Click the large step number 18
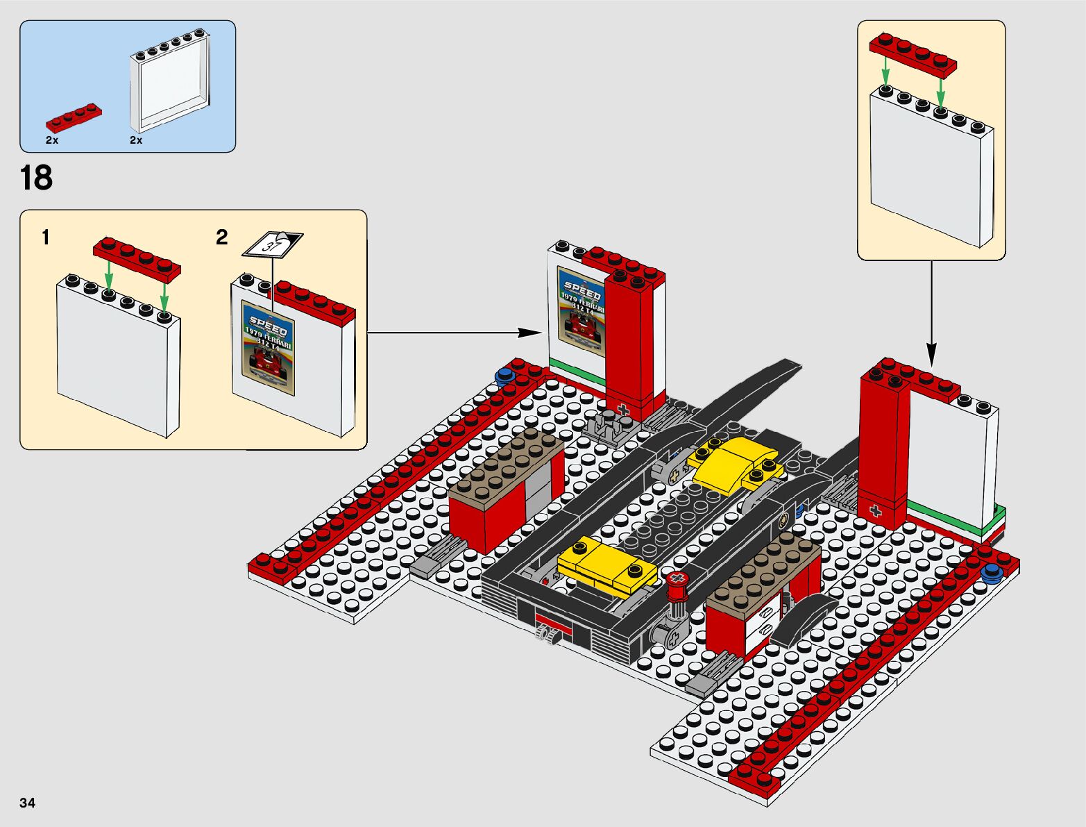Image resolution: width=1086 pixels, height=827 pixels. tap(36, 178)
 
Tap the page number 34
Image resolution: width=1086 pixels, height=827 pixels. tap(27, 803)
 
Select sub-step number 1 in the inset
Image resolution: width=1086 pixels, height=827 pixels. tap(46, 237)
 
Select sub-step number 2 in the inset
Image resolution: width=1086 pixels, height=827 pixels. tap(222, 237)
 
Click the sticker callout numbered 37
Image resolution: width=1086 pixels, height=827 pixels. tap(272, 244)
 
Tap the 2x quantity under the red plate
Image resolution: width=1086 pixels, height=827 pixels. tap(52, 140)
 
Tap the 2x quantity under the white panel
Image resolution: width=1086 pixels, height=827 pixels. tap(136, 140)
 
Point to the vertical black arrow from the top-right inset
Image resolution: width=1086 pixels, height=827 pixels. tap(931, 312)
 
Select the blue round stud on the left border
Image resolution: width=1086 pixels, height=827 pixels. tap(504, 378)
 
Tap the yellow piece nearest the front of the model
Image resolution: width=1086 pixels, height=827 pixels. tap(606, 565)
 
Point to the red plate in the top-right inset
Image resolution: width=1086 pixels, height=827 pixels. tap(913, 53)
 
